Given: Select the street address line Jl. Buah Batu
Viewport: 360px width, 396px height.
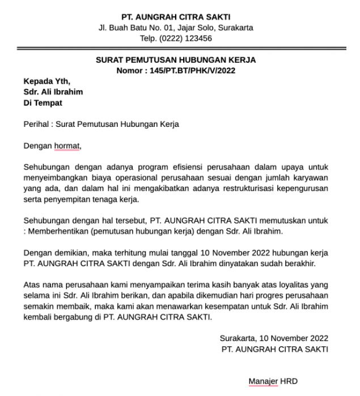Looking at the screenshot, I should [x=176, y=28].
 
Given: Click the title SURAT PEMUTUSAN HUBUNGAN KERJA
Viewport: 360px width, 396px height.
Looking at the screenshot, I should [x=176, y=60].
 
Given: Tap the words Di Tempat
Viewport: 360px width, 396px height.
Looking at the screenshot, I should [x=43, y=103].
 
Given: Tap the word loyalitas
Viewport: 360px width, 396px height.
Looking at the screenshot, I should [x=289, y=285].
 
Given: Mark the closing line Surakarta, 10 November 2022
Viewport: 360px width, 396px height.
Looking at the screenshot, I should [x=274, y=339].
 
